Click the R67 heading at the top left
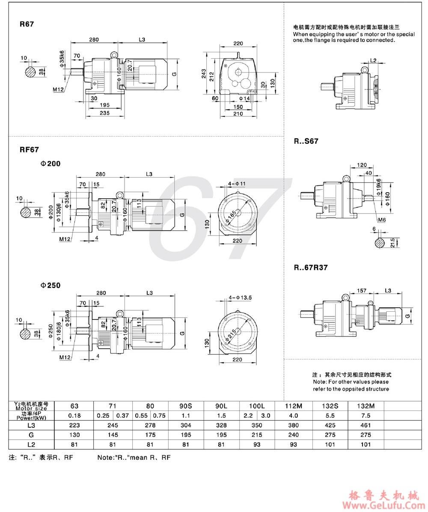pyautogui.click(x=26, y=24)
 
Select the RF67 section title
pyautogui.click(x=29, y=149)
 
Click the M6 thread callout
pyautogui.click(x=381, y=220)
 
